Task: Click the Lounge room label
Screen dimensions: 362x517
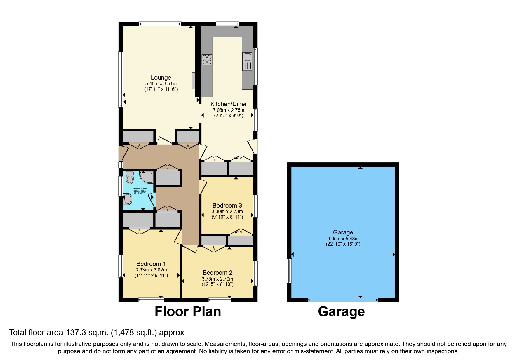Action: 161,78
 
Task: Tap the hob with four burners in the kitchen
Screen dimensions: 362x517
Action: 207,60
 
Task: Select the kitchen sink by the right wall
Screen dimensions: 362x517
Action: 247,62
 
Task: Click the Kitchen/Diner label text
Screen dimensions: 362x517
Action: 229,104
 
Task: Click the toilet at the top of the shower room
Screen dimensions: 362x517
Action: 130,177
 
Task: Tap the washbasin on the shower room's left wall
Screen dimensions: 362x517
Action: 128,199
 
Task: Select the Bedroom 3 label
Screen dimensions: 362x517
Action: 227,206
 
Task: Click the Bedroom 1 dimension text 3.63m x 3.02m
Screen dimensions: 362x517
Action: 151,270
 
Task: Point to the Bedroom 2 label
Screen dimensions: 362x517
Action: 217,273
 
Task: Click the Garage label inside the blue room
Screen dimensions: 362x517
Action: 343,232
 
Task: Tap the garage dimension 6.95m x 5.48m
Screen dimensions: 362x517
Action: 343,239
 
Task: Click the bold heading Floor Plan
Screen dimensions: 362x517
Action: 188,311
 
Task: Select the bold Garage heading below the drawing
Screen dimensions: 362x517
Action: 341,311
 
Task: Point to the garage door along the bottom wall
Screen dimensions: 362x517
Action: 343,300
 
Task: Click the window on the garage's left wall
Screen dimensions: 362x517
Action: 290,270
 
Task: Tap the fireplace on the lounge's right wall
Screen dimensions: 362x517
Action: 193,81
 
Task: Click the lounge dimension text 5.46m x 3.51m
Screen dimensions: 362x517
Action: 161,84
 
